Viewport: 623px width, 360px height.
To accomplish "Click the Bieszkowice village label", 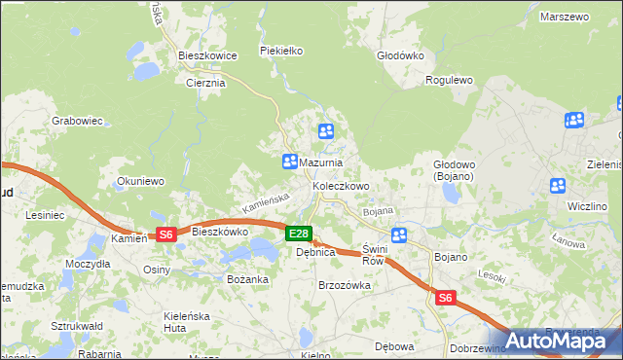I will [x=207, y=56].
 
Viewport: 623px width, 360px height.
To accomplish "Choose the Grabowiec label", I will [x=77, y=122].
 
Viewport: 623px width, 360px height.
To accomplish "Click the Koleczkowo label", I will [x=341, y=186].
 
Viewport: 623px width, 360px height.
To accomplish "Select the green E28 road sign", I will [x=298, y=234].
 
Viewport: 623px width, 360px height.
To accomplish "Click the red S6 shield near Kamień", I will [x=165, y=234].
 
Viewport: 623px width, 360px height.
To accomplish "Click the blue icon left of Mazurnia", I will [x=289, y=162].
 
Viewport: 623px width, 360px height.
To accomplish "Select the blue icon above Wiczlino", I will [x=558, y=186].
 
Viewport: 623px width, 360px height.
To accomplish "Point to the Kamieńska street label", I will [x=267, y=203].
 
